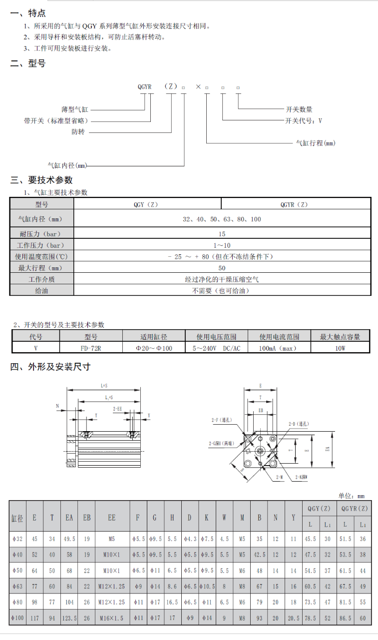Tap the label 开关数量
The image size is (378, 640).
point(299,109)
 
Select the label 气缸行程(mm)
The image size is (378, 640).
point(316,143)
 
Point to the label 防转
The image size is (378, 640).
point(78,132)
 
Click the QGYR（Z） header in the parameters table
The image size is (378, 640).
point(296,204)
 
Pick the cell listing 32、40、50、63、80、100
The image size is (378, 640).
point(222,219)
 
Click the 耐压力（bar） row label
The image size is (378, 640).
point(41,234)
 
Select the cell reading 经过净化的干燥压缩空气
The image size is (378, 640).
point(222,279)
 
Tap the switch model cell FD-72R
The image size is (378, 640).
point(91,348)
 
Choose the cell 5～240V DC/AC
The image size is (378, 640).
point(216,348)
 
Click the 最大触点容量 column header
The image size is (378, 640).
point(340,337)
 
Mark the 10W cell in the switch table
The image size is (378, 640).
point(340,348)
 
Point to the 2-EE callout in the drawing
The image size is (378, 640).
point(117,409)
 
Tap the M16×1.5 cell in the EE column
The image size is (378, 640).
point(112,618)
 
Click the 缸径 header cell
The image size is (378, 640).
point(17,518)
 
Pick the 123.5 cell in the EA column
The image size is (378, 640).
point(69,618)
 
